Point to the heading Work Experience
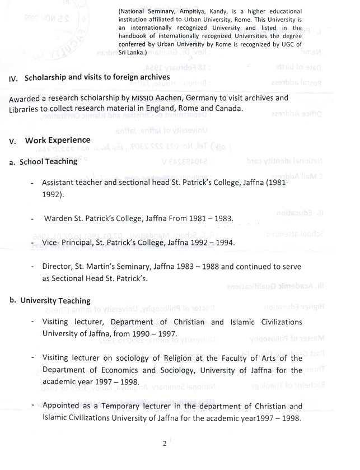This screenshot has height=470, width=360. click(58, 140)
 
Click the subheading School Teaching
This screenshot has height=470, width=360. click(48, 162)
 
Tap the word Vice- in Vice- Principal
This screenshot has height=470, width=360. click(53, 243)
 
